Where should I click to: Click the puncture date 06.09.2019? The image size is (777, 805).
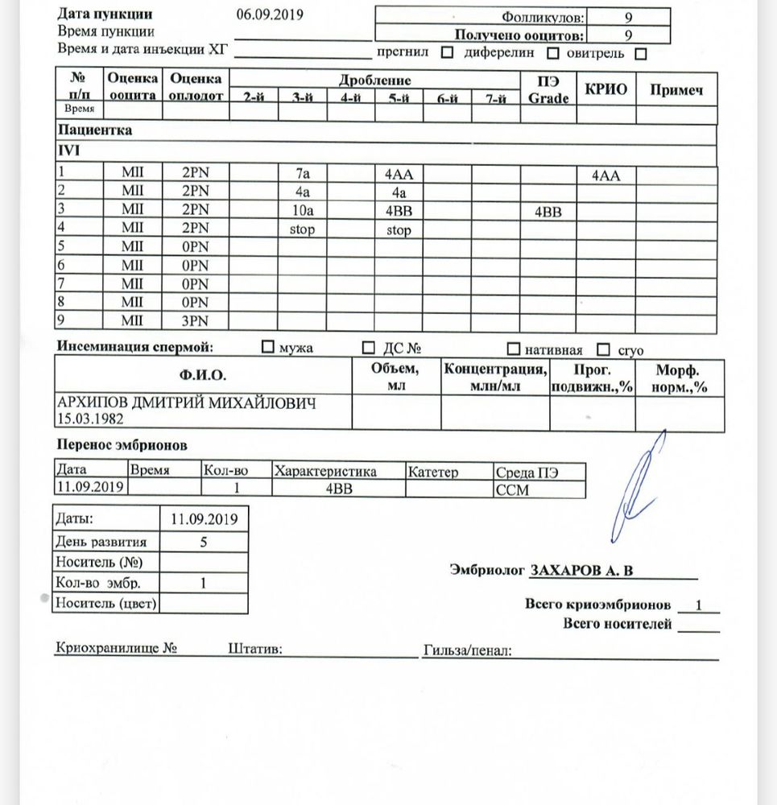[270, 15]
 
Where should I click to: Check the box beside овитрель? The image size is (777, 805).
[641, 54]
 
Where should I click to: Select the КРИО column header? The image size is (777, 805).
[605, 90]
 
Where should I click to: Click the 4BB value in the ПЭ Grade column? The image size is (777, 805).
[548, 213]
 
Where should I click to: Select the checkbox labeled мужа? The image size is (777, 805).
[268, 349]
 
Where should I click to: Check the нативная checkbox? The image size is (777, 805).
[513, 349]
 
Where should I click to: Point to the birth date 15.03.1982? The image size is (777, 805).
[87, 419]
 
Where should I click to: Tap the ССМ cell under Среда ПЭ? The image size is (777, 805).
[514, 489]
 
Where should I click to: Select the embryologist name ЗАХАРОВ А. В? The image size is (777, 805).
[581, 571]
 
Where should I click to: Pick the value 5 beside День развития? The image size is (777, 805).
[204, 541]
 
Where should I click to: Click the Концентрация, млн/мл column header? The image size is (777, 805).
[495, 378]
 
